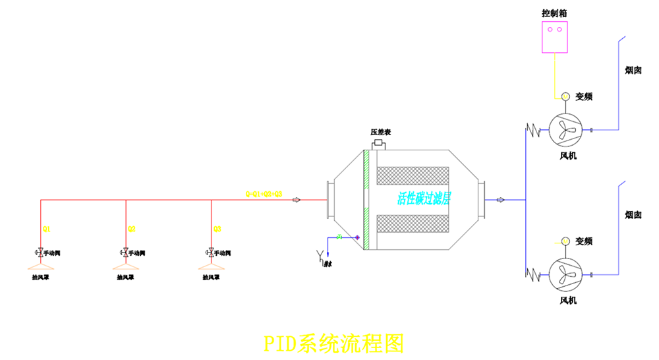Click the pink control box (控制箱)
click(555, 36)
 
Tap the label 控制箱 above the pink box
click(554, 13)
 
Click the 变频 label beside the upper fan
click(584, 96)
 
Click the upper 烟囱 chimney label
click(633, 70)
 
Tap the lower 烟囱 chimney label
click(633, 215)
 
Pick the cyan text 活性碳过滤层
click(423, 198)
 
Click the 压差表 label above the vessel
click(380, 133)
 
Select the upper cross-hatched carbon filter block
click(413, 175)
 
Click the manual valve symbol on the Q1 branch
click(40, 253)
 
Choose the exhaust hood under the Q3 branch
click(210, 268)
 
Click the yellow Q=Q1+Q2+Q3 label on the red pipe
click(264, 194)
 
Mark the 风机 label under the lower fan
click(568, 301)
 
